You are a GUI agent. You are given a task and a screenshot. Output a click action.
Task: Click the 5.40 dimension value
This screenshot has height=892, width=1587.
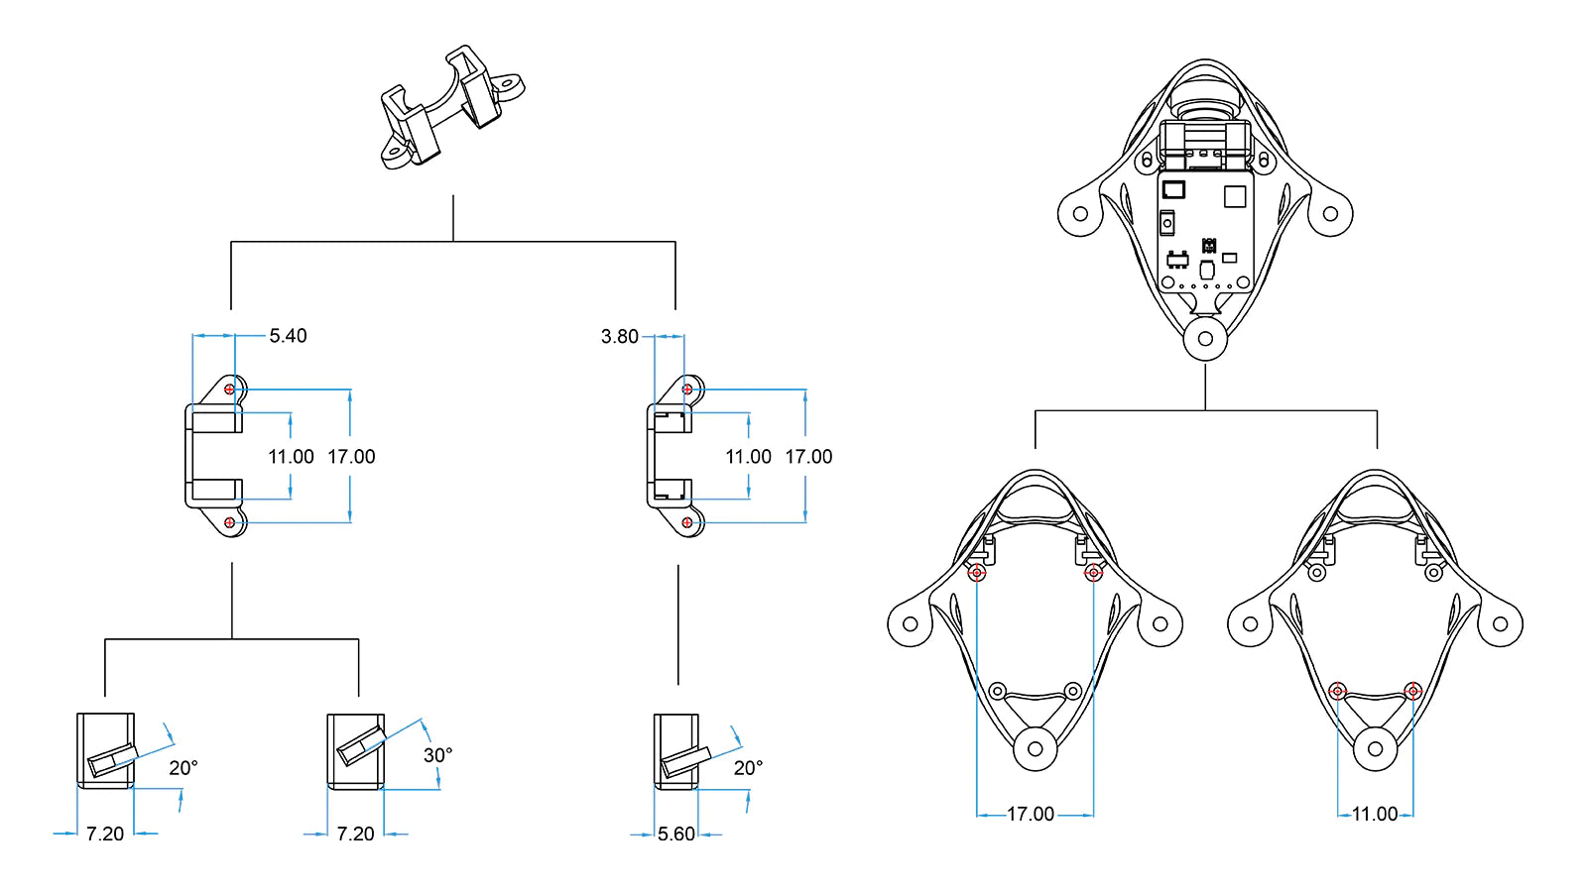coord(288,336)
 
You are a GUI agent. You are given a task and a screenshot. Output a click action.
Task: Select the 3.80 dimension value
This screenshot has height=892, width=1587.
coord(619,336)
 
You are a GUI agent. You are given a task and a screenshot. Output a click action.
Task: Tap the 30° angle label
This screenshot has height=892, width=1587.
coord(437,755)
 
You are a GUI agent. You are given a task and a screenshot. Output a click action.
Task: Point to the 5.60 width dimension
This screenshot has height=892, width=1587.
coord(675,834)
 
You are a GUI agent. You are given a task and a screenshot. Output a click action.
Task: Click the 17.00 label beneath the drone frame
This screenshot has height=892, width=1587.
coord(1031,814)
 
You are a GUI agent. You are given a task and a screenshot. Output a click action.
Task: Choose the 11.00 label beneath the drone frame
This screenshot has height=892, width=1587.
coord(1375,814)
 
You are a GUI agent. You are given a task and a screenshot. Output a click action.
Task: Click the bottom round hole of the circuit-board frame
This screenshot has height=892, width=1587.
coord(1205,338)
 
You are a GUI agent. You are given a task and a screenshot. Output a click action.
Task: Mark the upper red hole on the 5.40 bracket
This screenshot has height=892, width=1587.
coord(229,390)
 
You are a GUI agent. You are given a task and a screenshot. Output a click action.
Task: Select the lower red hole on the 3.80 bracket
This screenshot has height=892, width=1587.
coord(687,522)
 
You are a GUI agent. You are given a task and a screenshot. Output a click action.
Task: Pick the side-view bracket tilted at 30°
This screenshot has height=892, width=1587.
coord(356,751)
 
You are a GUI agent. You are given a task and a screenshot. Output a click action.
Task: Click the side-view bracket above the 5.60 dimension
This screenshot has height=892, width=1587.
coord(676,751)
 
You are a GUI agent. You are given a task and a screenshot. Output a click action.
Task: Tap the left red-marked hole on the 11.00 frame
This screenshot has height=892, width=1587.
coord(1337,691)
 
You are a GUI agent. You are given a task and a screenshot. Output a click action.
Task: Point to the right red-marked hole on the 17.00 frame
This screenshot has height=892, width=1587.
coord(1093,572)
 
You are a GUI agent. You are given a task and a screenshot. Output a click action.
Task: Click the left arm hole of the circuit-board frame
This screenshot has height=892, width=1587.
coord(1080,213)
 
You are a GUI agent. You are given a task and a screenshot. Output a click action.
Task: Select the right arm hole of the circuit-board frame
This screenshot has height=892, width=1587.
coord(1330,213)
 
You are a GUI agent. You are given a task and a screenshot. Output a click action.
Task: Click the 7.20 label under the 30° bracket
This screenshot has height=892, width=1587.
coord(355,834)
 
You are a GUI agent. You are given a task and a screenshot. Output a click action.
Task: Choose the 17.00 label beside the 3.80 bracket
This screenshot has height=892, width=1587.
coord(808,457)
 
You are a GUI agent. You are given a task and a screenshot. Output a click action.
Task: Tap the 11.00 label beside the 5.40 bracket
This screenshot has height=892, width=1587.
coord(291,457)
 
